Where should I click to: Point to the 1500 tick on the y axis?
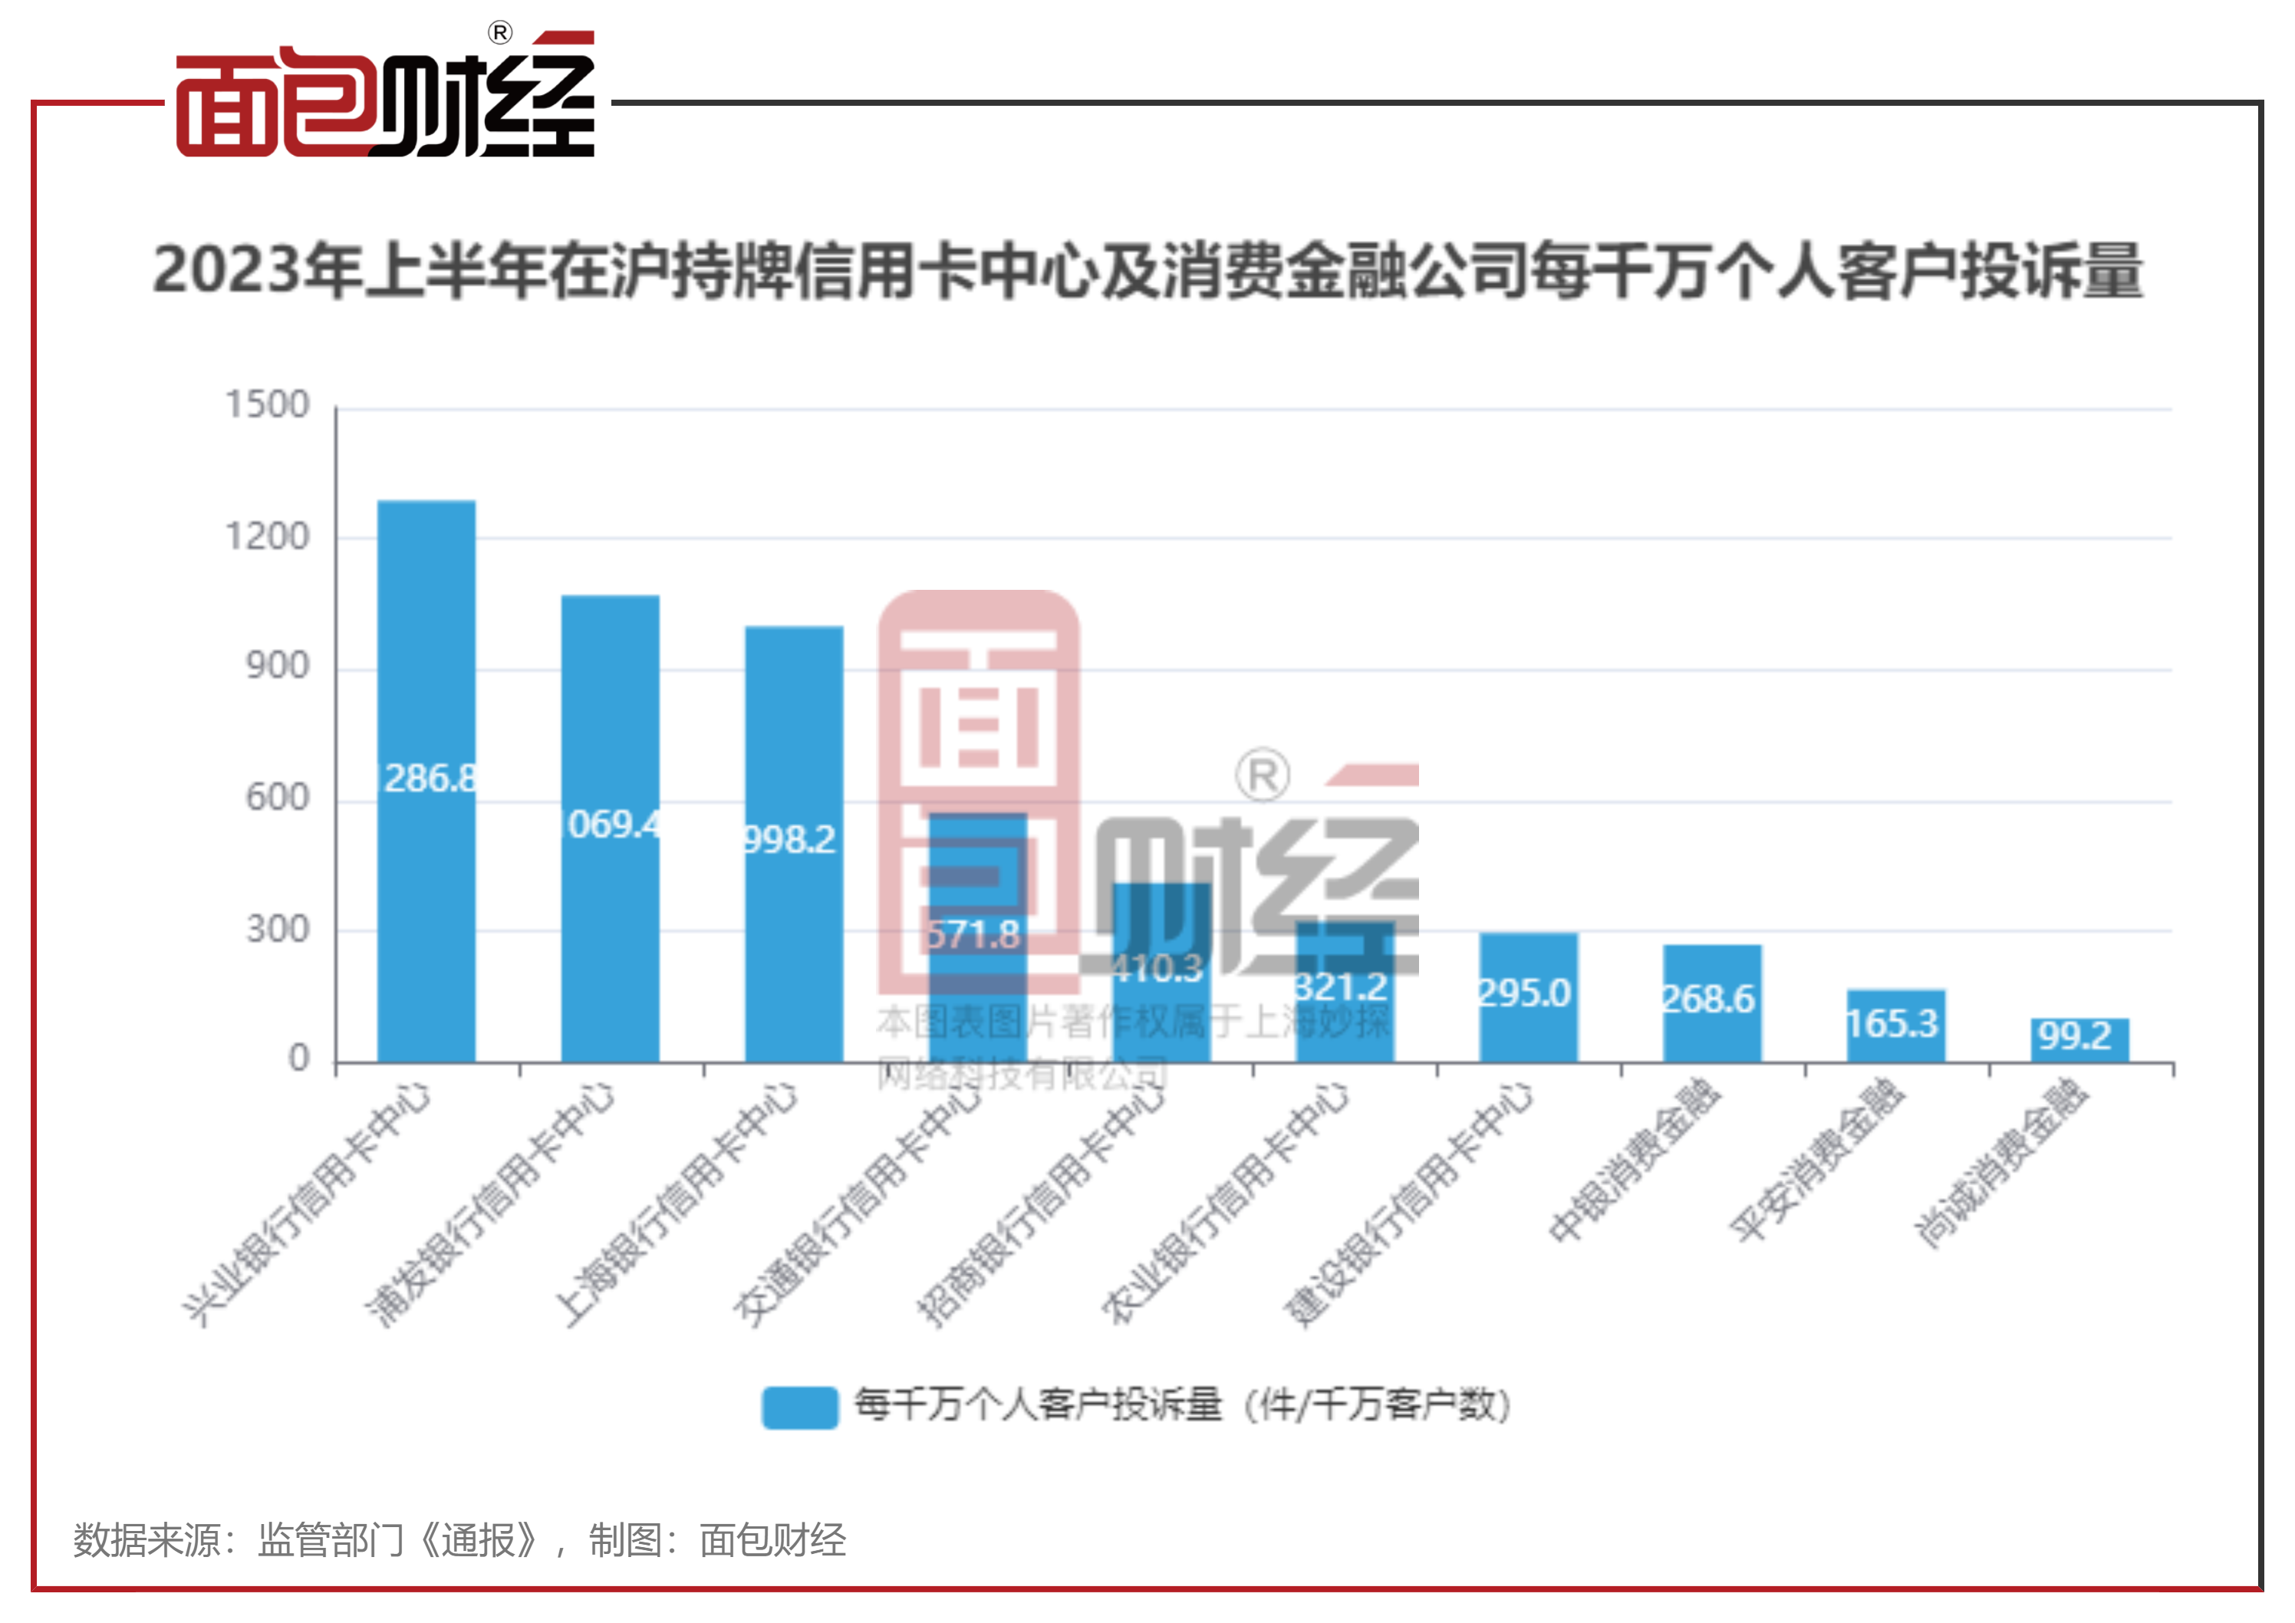pos(267,405)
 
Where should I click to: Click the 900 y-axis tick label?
pos(277,667)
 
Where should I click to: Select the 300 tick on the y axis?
pos(277,930)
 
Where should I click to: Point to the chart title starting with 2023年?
pos(1147,272)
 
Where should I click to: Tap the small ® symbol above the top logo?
pos(500,33)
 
